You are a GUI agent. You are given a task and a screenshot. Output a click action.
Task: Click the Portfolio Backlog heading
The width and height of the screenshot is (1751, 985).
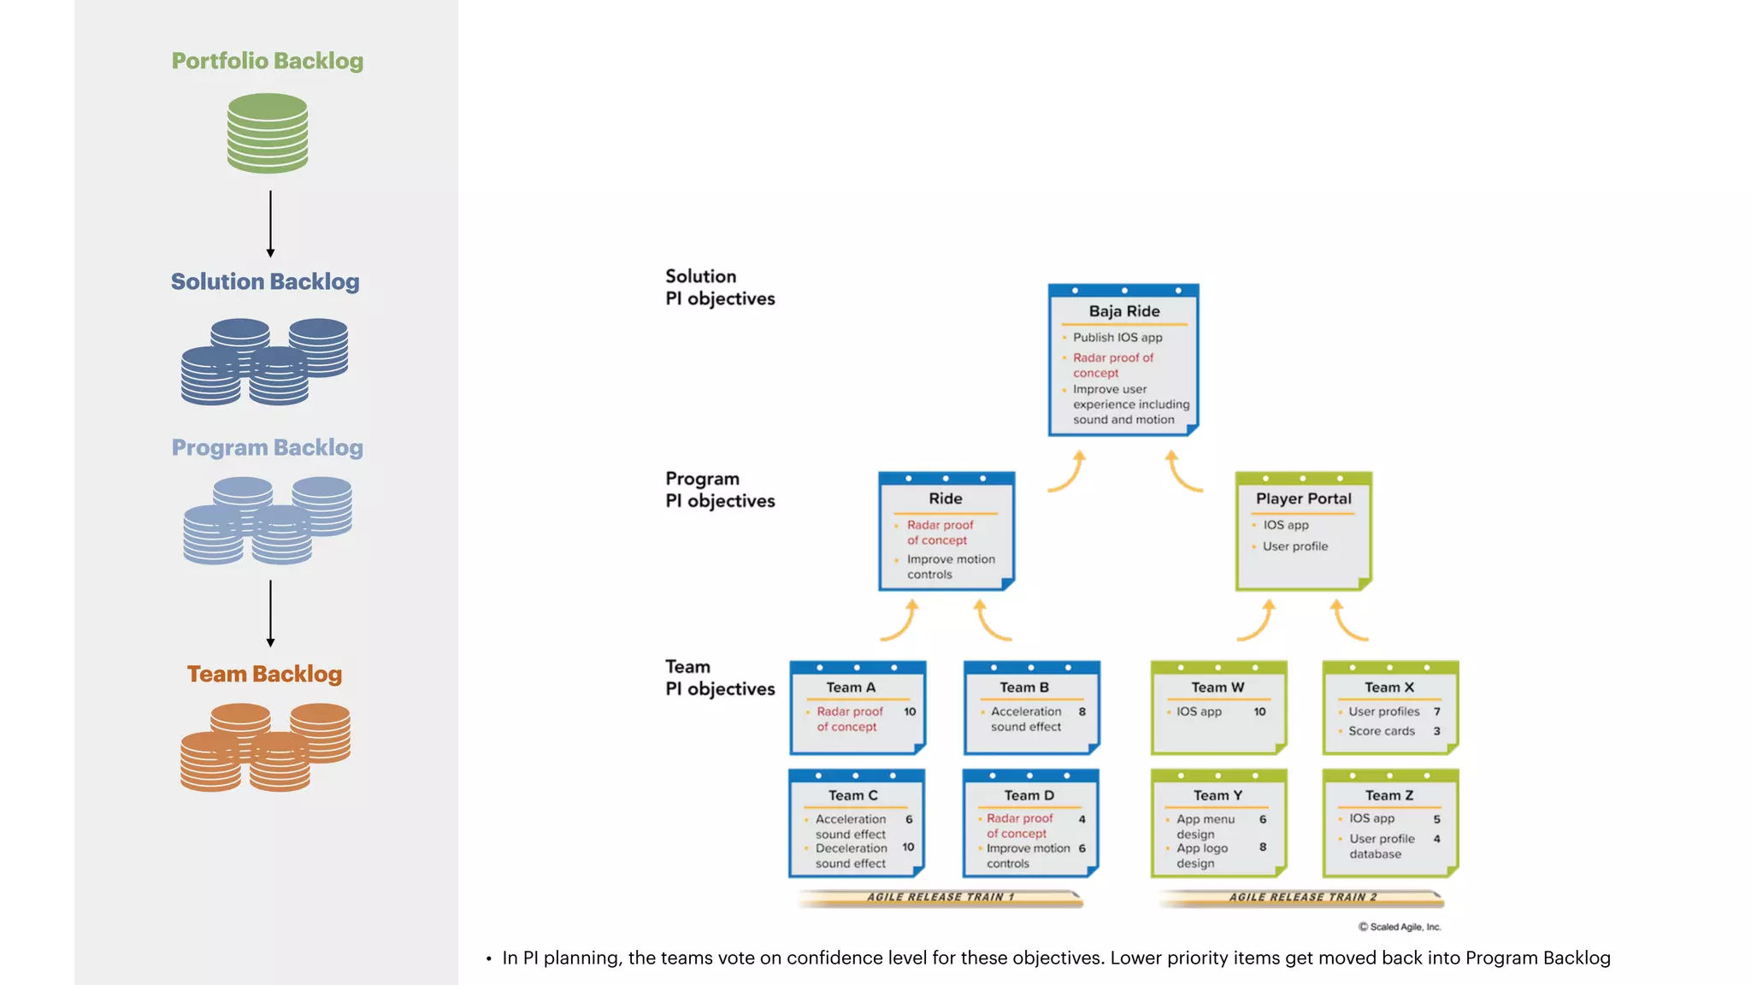pos(267,61)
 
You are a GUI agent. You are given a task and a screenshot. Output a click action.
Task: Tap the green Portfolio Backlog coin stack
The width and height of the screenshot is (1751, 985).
pos(268,133)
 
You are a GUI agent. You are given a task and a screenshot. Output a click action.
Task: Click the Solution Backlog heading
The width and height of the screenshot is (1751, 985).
pos(265,281)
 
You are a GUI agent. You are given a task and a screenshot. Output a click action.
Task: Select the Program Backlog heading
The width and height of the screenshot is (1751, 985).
pos(267,447)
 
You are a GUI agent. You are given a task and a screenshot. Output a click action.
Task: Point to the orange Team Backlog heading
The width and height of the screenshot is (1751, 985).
pos(264,674)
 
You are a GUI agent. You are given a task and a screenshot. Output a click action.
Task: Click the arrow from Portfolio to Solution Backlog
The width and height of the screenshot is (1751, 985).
pos(270,223)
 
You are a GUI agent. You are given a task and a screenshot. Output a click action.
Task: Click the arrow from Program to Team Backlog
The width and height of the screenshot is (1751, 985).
pos(270,613)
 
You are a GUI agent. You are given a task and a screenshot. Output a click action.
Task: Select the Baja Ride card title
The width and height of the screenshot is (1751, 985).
pos(1123,311)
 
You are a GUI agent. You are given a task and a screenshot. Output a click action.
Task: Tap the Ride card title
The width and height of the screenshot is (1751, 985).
pos(945,498)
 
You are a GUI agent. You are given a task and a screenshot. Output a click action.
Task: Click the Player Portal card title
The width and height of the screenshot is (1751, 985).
pos(1303,498)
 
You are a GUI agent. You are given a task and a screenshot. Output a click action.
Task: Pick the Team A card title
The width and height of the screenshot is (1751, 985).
pos(850,687)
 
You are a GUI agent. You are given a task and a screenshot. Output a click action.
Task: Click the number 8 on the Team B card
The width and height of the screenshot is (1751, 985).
pos(1082,711)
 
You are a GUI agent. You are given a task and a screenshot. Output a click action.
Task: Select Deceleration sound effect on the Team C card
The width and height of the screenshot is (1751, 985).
pos(851,856)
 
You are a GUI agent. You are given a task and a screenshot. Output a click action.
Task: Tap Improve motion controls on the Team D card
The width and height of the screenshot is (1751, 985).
pos(1027,856)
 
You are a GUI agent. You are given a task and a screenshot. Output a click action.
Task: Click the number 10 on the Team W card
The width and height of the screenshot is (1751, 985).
pos(1259,711)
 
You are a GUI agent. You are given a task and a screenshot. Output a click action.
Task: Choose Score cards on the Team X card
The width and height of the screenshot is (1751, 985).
pos(1381,731)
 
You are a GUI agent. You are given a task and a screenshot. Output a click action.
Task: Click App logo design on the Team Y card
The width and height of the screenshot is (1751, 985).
pos(1201,856)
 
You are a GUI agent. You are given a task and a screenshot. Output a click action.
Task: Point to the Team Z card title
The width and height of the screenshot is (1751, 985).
pos(1388,795)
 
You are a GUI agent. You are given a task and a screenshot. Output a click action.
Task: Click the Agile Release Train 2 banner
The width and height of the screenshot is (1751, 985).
pos(1302,897)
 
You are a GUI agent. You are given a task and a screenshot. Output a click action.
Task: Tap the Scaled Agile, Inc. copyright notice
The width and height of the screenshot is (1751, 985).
pos(1400,927)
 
